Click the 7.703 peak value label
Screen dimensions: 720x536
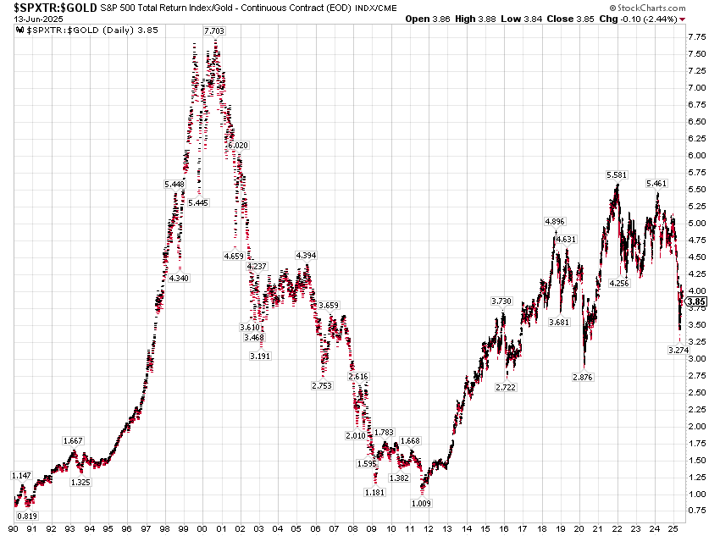(214, 30)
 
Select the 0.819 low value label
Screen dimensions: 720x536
(27, 516)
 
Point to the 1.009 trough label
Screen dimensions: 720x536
(421, 503)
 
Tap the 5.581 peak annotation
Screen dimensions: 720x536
(616, 174)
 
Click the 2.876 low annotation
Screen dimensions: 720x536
(583, 377)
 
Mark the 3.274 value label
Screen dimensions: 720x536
(678, 351)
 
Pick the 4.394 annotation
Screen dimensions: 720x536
(306, 255)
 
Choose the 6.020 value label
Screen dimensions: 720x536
(238, 145)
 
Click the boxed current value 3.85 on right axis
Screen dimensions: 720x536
(696, 301)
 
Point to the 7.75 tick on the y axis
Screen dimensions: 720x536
(696, 36)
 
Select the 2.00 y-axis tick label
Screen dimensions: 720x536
(696, 426)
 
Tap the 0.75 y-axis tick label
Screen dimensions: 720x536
(696, 510)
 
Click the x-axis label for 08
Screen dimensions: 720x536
(353, 528)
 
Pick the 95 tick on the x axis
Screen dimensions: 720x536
(108, 528)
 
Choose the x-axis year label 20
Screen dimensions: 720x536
(579, 528)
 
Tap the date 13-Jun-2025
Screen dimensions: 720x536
(39, 19)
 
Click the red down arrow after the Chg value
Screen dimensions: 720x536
(683, 19)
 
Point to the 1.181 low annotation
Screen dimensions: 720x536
(374, 493)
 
